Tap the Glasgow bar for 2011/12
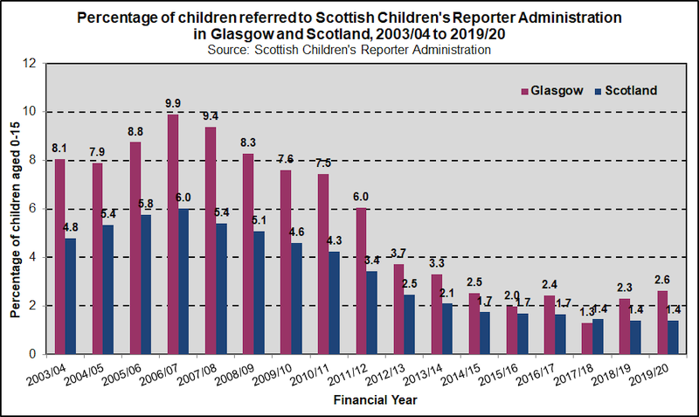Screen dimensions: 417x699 click(360, 281)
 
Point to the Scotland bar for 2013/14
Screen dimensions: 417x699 click(446, 329)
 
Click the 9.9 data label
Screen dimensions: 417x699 click(173, 104)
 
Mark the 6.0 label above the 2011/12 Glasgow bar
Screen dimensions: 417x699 click(360, 198)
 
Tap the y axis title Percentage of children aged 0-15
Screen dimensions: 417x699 click(15, 209)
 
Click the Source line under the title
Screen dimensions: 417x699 click(349, 50)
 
